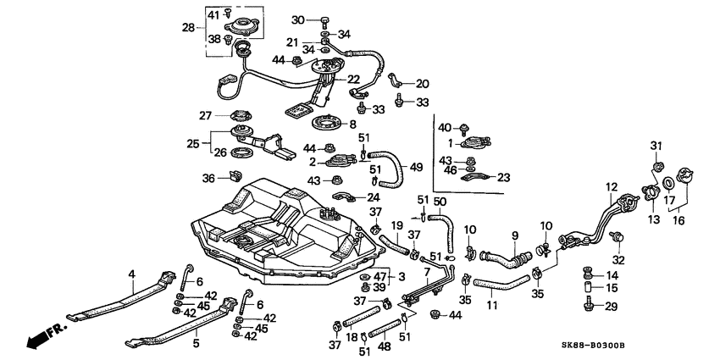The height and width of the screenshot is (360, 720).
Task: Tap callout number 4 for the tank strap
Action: pyautogui.click(x=131, y=274)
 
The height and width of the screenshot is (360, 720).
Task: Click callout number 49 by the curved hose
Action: pyautogui.click(x=416, y=166)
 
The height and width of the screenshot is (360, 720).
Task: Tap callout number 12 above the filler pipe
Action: pyautogui.click(x=612, y=186)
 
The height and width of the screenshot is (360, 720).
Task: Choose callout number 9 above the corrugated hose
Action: pyautogui.click(x=513, y=235)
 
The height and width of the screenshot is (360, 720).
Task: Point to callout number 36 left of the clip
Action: pyautogui.click(x=208, y=178)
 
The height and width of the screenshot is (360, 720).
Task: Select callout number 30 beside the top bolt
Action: pyautogui.click(x=297, y=19)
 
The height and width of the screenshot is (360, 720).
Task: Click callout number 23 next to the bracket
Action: pyautogui.click(x=505, y=177)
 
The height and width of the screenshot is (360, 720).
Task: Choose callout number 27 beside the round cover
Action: pyautogui.click(x=205, y=116)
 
